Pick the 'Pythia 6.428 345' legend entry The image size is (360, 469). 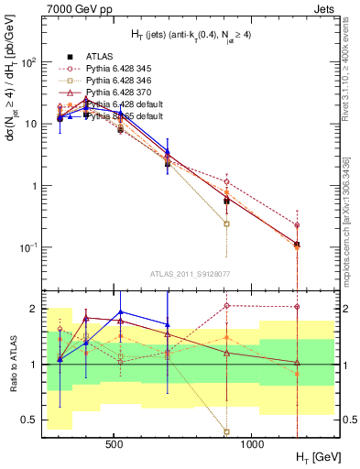click(120, 69)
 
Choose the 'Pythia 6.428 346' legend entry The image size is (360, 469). click(120, 81)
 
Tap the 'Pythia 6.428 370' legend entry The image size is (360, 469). click(120, 93)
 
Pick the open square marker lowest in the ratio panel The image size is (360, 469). click(226, 431)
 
